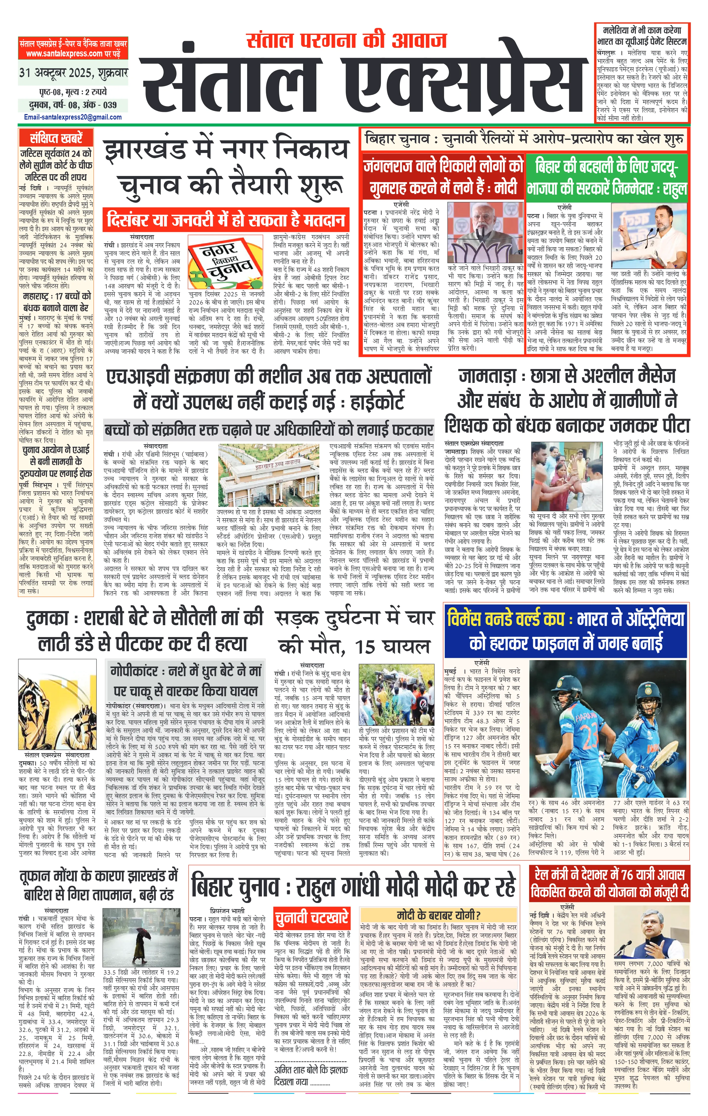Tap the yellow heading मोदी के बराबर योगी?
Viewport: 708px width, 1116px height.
tap(438, 914)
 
